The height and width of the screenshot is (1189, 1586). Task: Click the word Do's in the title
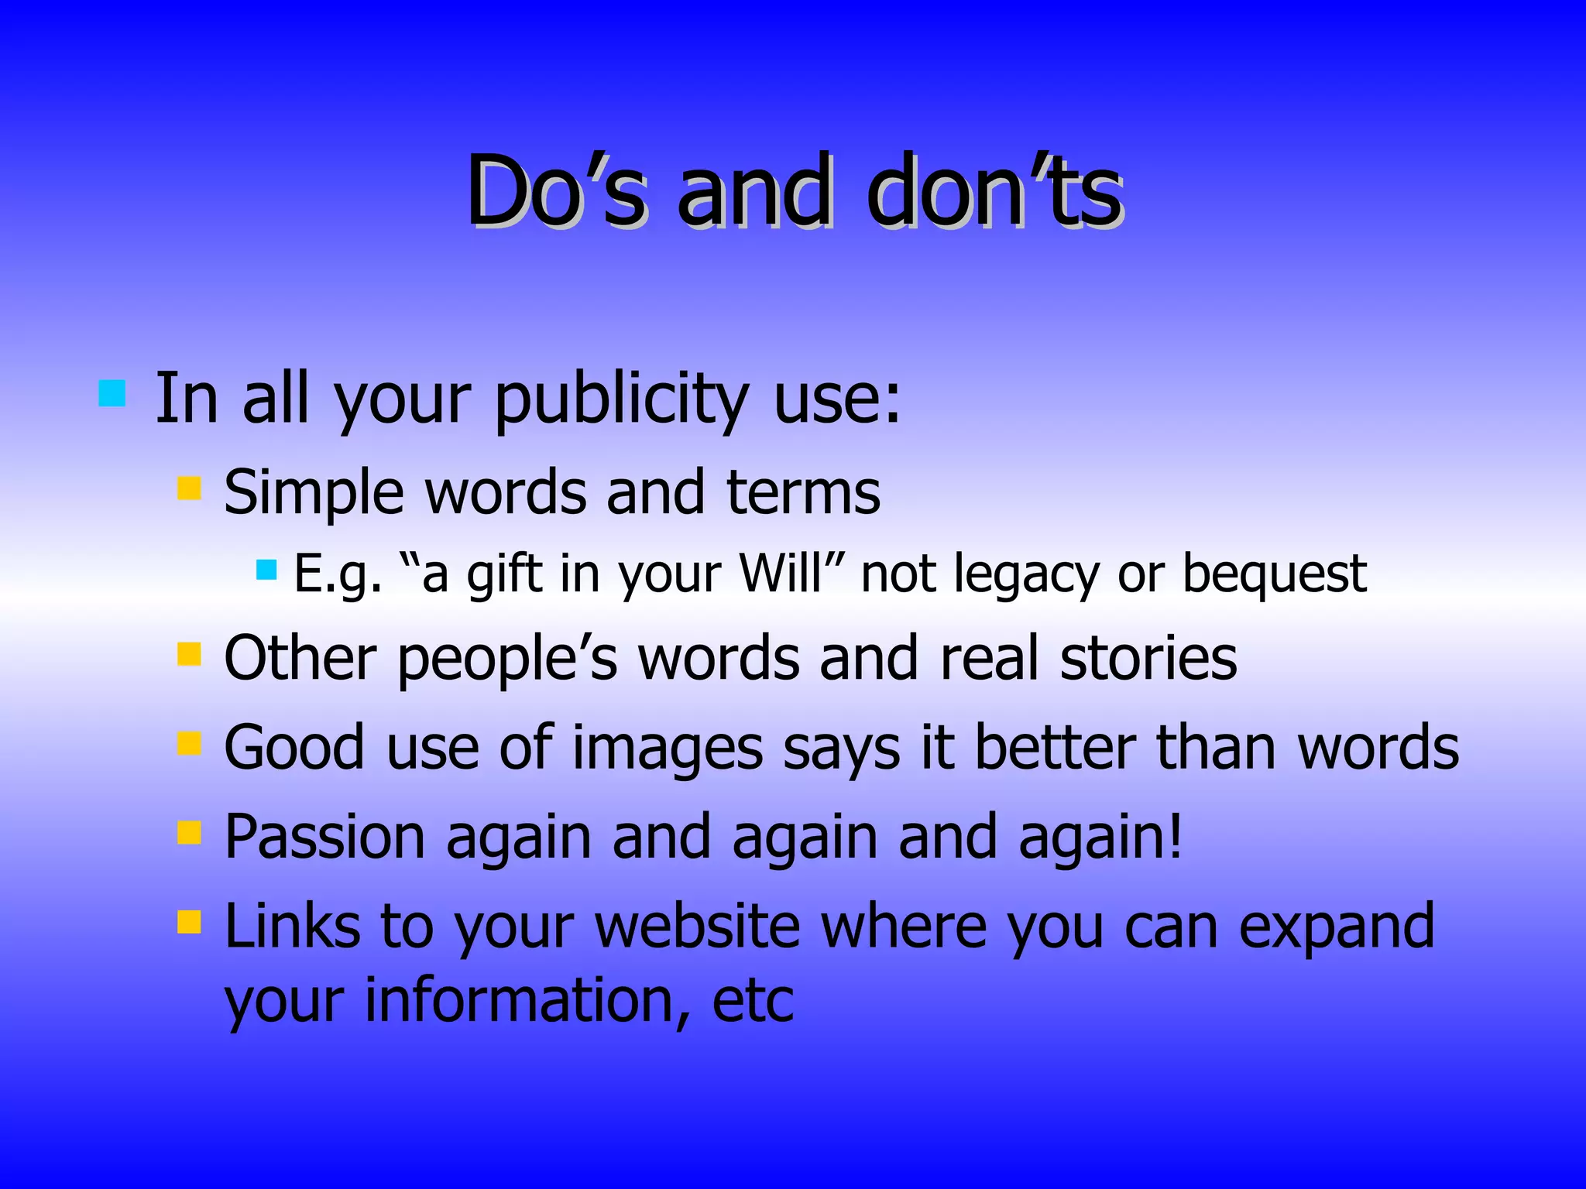pos(554,192)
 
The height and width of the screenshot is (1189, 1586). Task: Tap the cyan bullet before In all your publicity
pos(112,393)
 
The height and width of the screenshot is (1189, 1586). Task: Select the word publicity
pos(620,400)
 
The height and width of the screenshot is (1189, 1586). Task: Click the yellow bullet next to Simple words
pos(189,488)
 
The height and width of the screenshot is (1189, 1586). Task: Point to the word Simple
pos(313,494)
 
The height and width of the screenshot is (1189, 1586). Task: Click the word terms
pos(803,492)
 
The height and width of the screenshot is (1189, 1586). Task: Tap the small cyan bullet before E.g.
pos(266,571)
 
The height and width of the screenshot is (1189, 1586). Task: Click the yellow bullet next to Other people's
pos(189,654)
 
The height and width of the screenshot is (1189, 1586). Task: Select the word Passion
pos(324,837)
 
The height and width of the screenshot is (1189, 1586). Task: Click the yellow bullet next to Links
pos(189,922)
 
